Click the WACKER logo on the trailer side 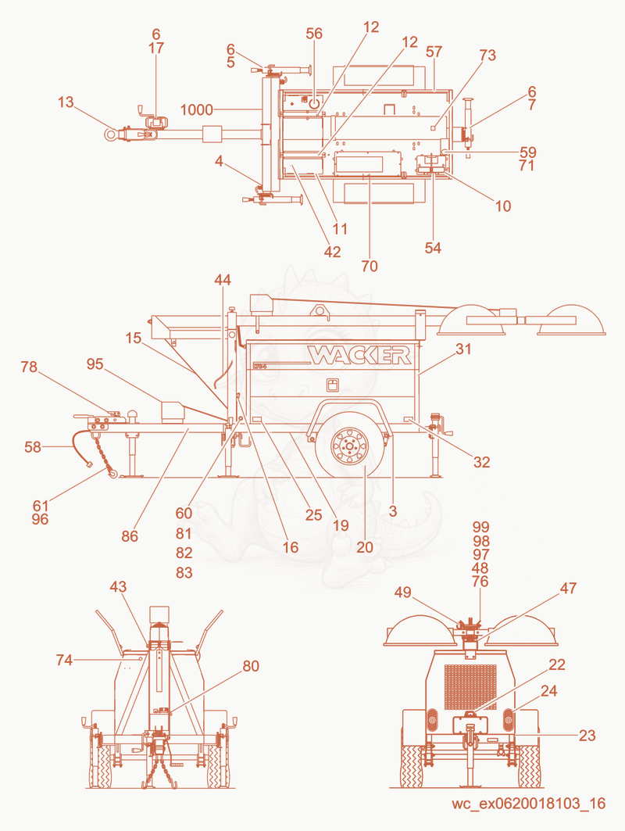click(x=359, y=355)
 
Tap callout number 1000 click(x=197, y=109)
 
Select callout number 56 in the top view click(x=314, y=34)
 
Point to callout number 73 click(x=487, y=56)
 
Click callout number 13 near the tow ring click(x=66, y=102)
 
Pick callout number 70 click(x=370, y=266)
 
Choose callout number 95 click(x=95, y=364)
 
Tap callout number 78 click(x=29, y=367)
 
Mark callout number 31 click(x=463, y=349)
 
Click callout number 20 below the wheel click(x=365, y=546)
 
